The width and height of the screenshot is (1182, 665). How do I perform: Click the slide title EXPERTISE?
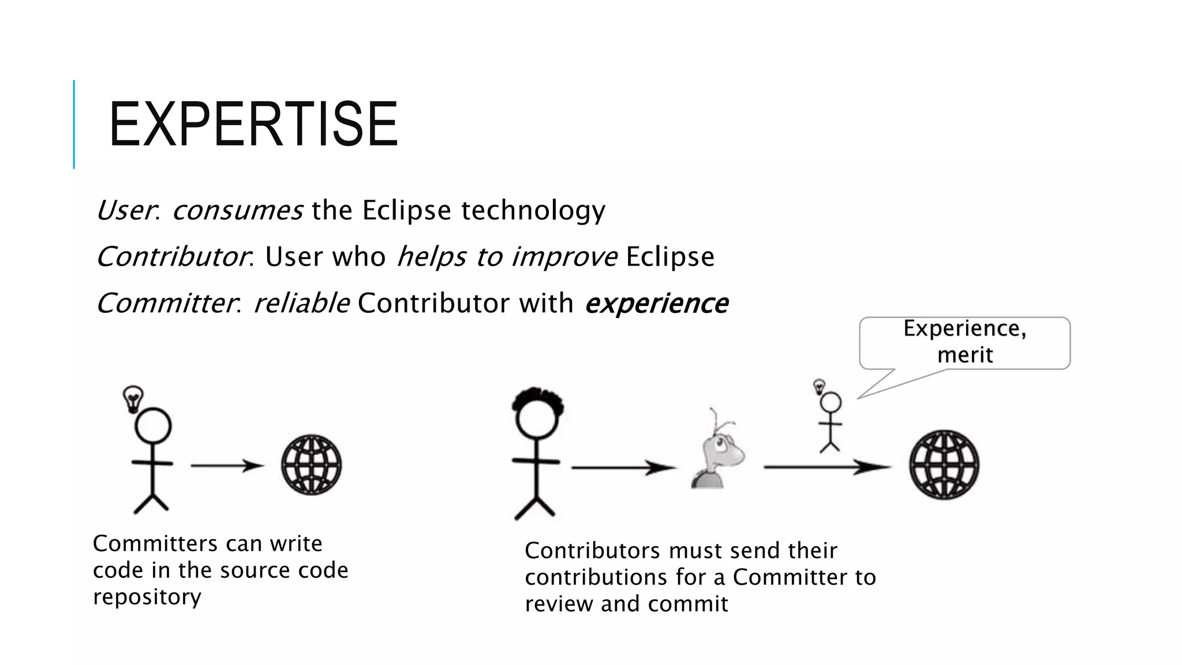click(x=253, y=124)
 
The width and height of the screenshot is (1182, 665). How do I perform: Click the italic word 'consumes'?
click(x=237, y=210)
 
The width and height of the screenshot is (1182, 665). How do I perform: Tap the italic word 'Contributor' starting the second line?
click(x=172, y=257)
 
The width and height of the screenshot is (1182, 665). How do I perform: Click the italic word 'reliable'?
click(x=301, y=304)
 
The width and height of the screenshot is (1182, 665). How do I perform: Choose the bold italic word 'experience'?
click(x=656, y=304)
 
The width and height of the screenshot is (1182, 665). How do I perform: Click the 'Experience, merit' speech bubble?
click(x=964, y=342)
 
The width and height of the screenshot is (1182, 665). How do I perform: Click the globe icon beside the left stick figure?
click(x=312, y=465)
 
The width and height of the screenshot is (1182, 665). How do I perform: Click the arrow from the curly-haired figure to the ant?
click(x=623, y=468)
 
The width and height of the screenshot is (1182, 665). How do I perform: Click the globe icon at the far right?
click(x=944, y=465)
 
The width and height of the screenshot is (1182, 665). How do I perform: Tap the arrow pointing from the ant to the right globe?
click(x=826, y=468)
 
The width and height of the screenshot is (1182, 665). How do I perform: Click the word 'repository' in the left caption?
click(x=147, y=597)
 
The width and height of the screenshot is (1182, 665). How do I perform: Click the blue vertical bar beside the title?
click(x=74, y=124)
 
